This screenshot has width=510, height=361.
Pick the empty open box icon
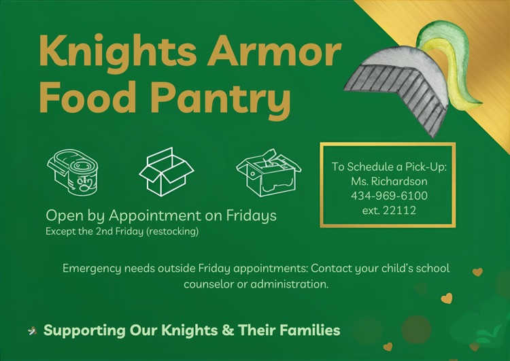166,172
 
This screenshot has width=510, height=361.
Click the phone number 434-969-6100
389,196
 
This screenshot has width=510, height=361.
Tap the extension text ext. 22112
389,210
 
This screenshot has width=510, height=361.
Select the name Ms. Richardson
389,182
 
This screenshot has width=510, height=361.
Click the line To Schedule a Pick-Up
389,167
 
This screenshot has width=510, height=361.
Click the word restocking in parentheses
173,231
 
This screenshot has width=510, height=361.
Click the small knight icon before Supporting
32,331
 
